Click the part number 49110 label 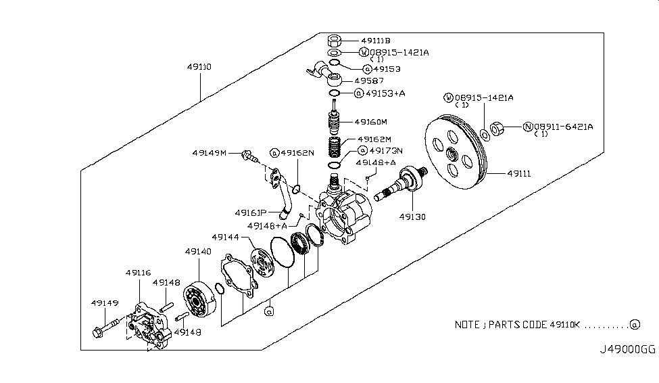[200, 68]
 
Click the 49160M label [371, 122]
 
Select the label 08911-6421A [563, 126]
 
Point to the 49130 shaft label [412, 217]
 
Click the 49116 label [139, 273]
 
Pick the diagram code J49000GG [628, 350]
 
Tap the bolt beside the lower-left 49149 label [107, 332]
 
